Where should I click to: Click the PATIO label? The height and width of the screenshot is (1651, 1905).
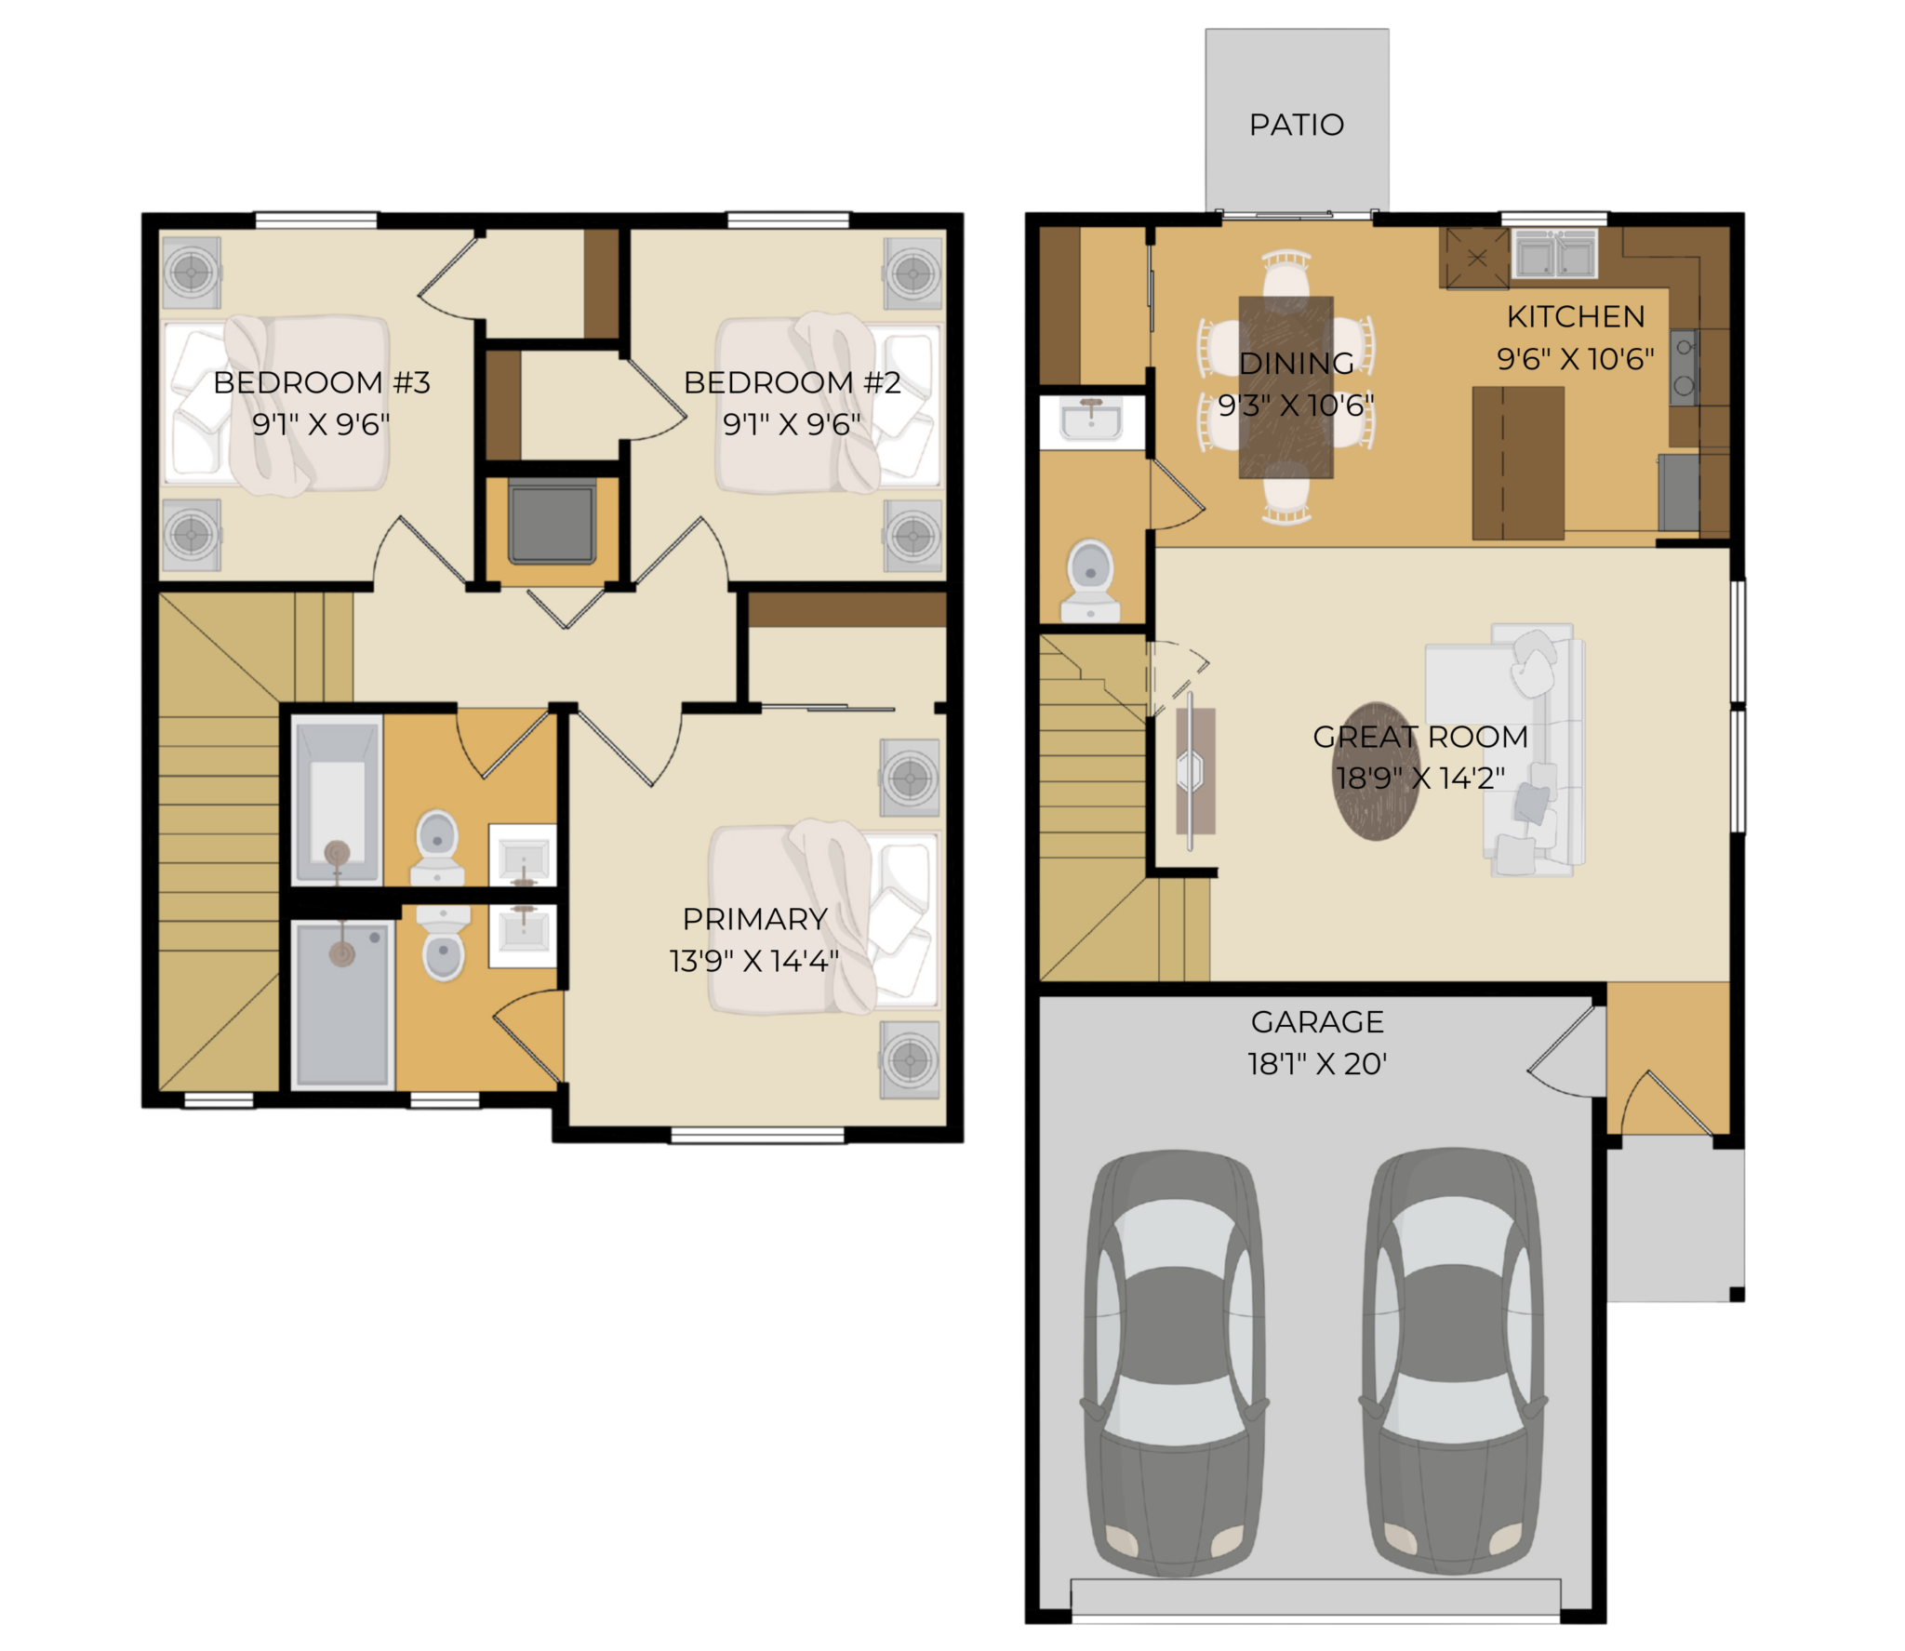pos(1296,125)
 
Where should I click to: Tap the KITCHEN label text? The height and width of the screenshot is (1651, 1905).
pos(1575,317)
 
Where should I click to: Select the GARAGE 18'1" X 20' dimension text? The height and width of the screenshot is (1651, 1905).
pos(1317,1063)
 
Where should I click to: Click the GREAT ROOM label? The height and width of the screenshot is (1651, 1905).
pos(1420,737)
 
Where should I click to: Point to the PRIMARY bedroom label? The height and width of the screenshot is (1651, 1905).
pos(754,919)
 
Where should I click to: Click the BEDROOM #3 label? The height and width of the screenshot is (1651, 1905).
pos(322,382)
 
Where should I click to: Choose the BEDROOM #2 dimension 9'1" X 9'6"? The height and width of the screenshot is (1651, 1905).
pos(792,424)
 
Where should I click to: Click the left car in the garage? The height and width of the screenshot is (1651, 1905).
pos(1175,1364)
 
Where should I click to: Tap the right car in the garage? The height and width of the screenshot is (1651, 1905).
pos(1453,1362)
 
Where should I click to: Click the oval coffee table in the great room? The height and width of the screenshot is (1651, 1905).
pos(1376,771)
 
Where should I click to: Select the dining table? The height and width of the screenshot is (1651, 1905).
pos(1286,387)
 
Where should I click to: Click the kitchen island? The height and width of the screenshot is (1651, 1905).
pos(1518,463)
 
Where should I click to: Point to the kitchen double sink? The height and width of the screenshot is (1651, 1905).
pos(1555,254)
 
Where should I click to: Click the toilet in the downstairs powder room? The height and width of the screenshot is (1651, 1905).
pos(1091,580)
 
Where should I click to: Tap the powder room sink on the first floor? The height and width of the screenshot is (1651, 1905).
pos(1092,420)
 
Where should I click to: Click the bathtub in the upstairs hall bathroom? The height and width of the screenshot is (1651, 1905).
pos(337,800)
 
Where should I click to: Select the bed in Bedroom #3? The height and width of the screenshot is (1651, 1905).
pos(276,404)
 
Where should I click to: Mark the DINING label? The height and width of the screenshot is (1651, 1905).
pos(1297,364)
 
